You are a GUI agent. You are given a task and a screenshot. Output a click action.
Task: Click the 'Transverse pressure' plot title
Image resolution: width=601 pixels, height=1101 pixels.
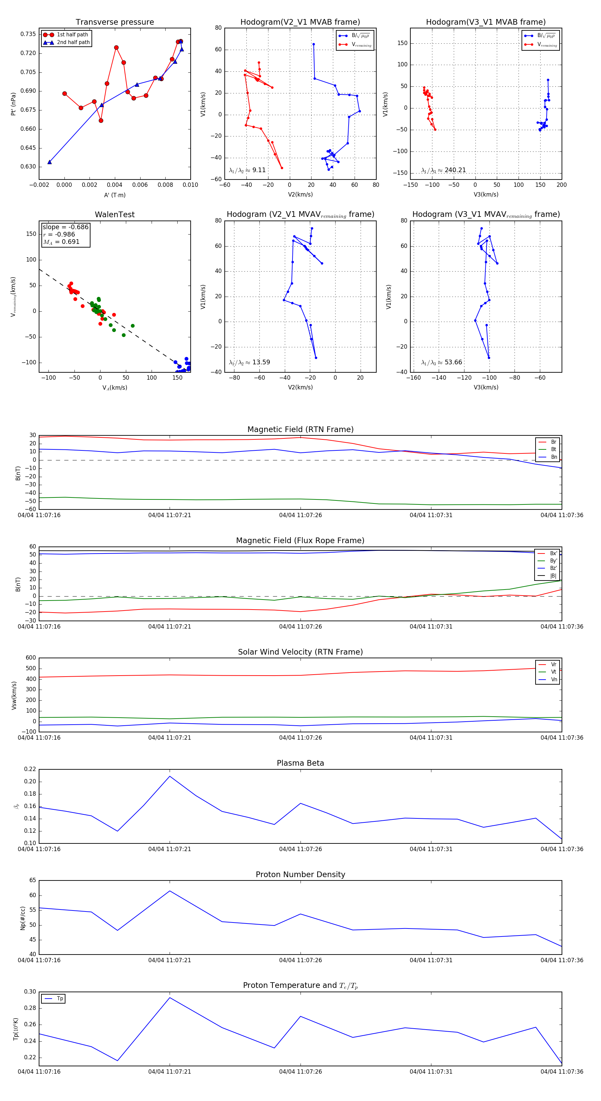(115, 22)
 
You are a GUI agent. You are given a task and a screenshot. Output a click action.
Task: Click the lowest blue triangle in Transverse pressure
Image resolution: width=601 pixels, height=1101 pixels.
(50, 162)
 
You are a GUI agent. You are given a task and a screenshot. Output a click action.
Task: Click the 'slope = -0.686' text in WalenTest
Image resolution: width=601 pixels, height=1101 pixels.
(65, 227)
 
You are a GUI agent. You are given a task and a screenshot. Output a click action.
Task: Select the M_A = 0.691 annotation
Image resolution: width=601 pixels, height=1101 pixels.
(61, 242)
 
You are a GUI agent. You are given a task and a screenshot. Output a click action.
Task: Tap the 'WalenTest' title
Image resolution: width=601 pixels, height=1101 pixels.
(115, 215)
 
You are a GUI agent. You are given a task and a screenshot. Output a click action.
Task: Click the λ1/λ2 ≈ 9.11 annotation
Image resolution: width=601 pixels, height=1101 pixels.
(247, 170)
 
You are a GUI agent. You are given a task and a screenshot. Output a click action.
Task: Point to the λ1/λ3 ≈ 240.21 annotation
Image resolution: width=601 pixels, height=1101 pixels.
(444, 170)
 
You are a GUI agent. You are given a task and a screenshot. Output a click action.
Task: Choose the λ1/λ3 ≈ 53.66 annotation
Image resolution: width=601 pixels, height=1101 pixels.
(441, 362)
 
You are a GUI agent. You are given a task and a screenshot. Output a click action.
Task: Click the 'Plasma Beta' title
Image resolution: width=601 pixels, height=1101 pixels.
(300, 763)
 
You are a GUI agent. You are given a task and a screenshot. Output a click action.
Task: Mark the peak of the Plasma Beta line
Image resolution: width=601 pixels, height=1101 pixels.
(170, 776)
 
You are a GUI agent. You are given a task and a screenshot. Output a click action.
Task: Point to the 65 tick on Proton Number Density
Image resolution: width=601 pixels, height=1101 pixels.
(32, 880)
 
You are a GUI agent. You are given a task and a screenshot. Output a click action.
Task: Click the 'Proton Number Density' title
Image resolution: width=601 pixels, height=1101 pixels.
(300, 874)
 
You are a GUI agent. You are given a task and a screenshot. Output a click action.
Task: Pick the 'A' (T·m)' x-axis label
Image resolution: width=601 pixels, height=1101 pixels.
(115, 195)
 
